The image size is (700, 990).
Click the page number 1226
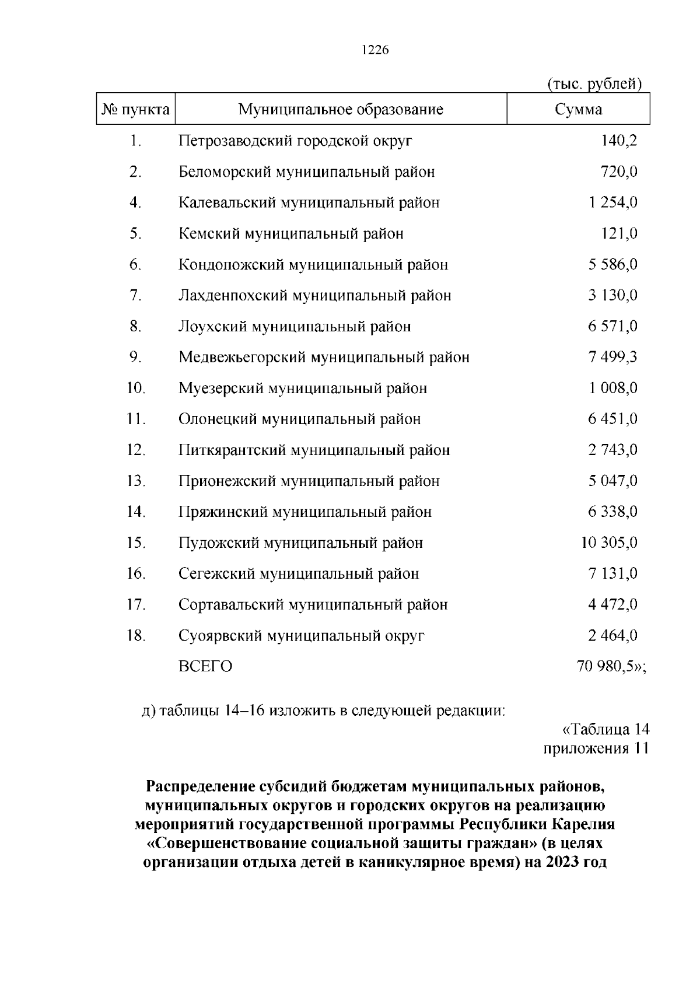click(375, 50)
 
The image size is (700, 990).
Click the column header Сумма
click(578, 110)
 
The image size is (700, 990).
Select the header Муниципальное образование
click(341, 110)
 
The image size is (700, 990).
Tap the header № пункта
click(136, 110)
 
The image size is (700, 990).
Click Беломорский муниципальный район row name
click(307, 172)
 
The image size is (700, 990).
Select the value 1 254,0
click(612, 202)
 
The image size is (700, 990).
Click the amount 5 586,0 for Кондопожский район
click(612, 264)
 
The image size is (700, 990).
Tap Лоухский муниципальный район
click(295, 326)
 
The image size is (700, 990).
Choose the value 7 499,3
click(612, 357)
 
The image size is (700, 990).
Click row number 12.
click(136, 450)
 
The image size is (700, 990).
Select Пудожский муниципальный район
click(300, 543)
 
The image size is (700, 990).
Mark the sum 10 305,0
click(609, 543)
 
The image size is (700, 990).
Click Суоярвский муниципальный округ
click(302, 635)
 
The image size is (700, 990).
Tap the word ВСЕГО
click(205, 666)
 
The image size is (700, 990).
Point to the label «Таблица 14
click(605, 729)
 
